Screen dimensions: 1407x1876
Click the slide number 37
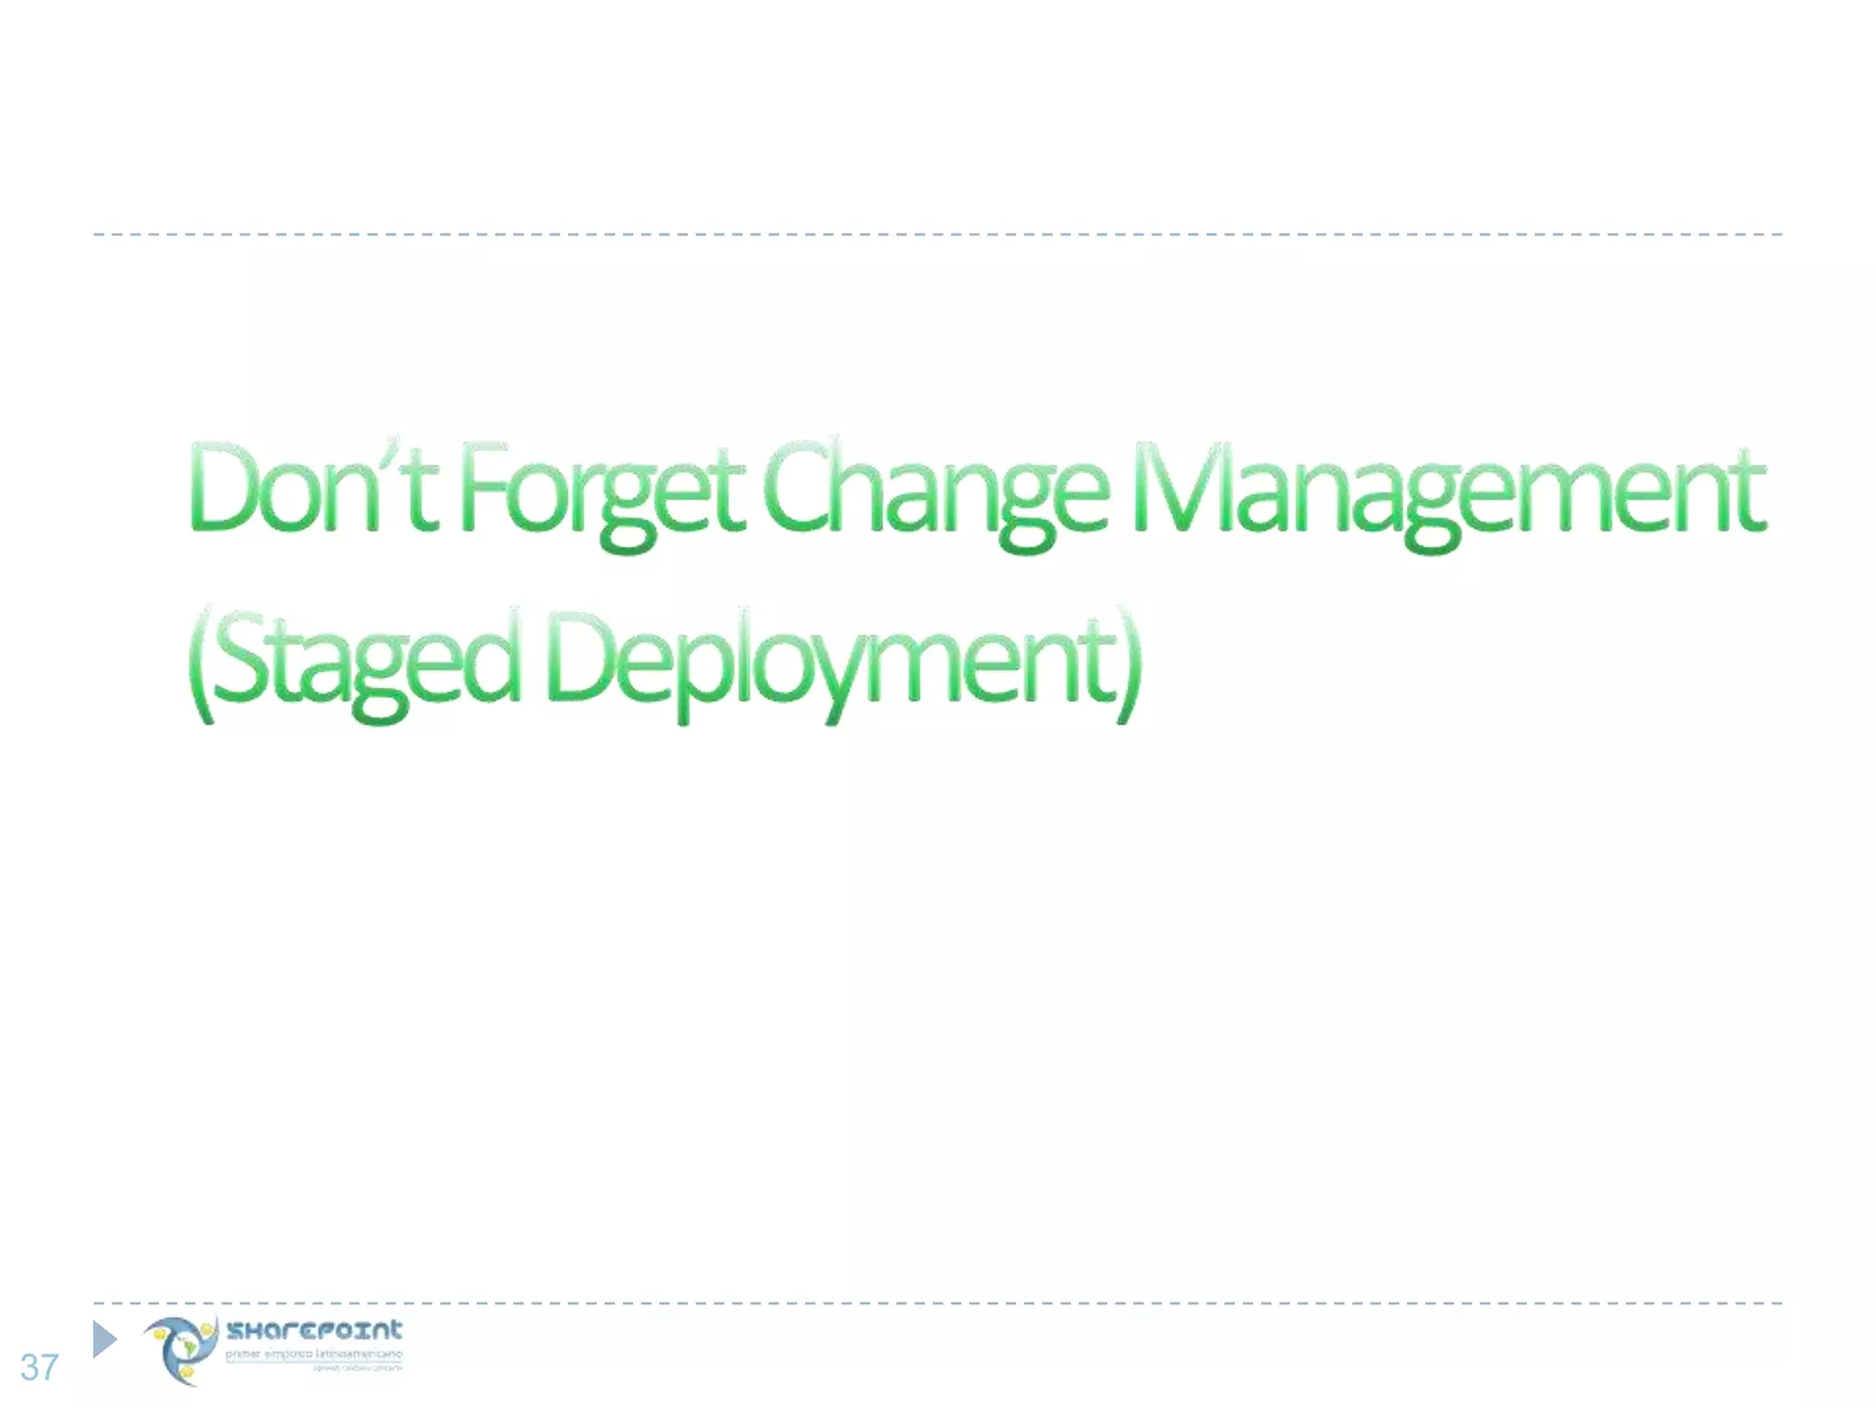point(39,1368)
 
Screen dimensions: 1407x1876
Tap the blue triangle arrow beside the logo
point(104,1339)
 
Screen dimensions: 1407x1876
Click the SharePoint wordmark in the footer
point(314,1330)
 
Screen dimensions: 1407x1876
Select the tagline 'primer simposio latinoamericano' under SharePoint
point(313,1354)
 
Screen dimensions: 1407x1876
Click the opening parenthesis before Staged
point(201,663)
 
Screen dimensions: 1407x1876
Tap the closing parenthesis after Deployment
point(1129,663)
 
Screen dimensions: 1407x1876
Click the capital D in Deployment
point(580,654)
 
